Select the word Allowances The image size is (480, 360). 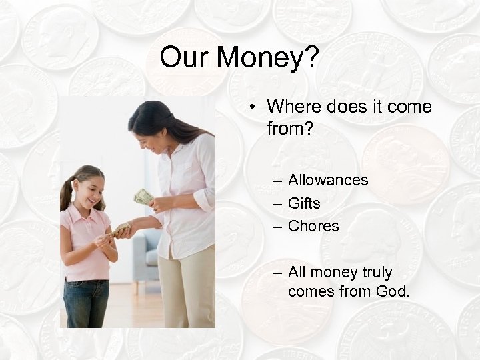click(x=328, y=180)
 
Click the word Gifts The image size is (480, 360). click(x=304, y=203)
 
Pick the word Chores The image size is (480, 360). click(x=313, y=226)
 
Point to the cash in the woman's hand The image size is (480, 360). click(x=143, y=197)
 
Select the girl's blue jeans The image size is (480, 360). click(x=87, y=303)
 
